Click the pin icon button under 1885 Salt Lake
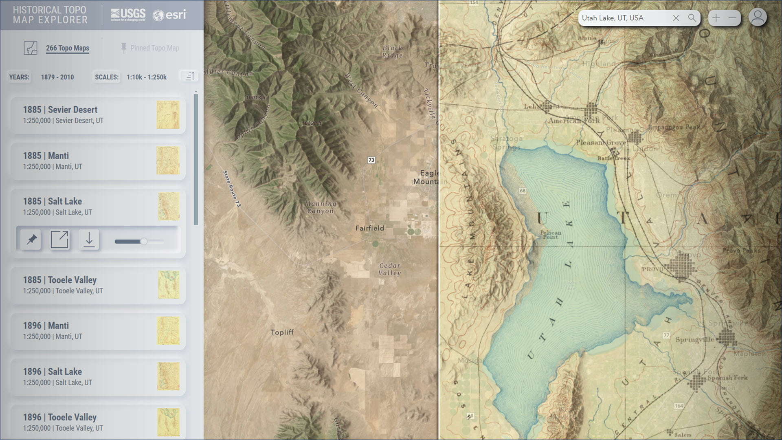click(x=31, y=240)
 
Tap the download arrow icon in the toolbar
click(x=89, y=240)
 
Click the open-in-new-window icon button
click(x=59, y=240)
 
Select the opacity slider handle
click(x=144, y=242)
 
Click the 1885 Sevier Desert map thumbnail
click(x=168, y=115)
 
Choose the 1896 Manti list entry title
click(x=46, y=326)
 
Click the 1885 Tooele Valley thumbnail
click(x=168, y=285)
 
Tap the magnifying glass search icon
click(x=692, y=18)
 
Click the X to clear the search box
click(x=676, y=18)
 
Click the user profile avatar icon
click(x=758, y=18)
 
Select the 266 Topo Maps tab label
click(x=68, y=48)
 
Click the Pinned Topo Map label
click(x=154, y=48)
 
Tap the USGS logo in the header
click(x=128, y=15)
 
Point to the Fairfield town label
click(x=369, y=228)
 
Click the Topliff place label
click(x=282, y=332)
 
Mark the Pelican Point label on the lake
click(x=551, y=235)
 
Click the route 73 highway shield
click(x=371, y=160)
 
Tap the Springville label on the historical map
click(x=694, y=339)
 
